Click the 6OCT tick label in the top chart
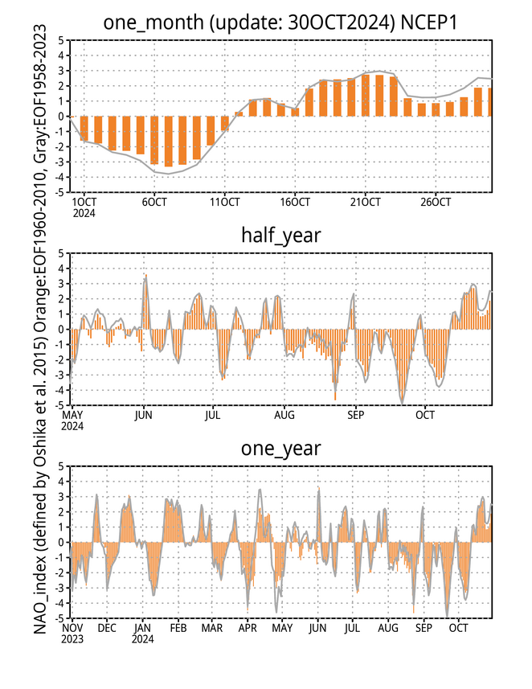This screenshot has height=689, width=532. tap(154, 202)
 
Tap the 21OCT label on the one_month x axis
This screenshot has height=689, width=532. tap(365, 202)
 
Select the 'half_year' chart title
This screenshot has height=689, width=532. tap(281, 236)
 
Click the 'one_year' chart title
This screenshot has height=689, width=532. tap(281, 449)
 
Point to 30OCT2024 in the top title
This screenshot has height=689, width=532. tap(342, 23)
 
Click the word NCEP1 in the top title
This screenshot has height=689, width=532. tap(429, 23)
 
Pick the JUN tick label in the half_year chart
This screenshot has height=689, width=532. tap(144, 415)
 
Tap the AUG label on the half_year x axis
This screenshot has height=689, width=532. tap(284, 415)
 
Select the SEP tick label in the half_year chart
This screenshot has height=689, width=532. tap(355, 415)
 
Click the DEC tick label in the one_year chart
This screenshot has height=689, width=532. tap(107, 629)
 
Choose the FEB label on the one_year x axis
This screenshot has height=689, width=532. tap(178, 629)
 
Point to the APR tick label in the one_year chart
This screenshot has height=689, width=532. tap(248, 629)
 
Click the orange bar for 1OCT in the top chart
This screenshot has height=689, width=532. tap(84, 129)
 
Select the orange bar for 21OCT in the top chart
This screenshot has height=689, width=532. tap(365, 96)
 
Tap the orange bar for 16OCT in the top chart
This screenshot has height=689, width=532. tap(295, 112)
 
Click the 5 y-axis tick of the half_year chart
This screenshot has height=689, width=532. tap(62, 253)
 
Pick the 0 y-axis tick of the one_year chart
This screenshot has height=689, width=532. tap(62, 542)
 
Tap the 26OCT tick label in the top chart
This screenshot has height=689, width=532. tap(436, 202)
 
